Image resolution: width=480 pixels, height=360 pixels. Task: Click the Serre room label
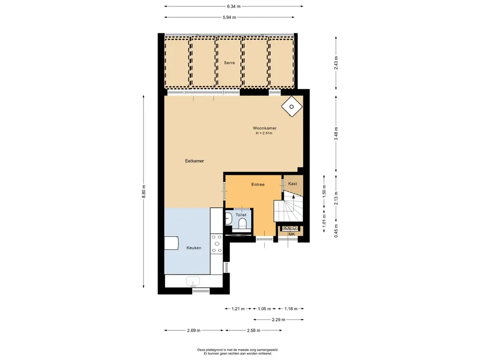(x=229, y=63)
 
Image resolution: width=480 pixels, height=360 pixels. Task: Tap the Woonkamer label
(x=264, y=128)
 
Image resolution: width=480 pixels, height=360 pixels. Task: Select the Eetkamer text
(x=195, y=161)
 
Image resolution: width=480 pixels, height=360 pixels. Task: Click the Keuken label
(x=194, y=248)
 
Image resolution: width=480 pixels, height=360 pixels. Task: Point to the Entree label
(x=258, y=185)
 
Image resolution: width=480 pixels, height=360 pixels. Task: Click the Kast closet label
(x=292, y=184)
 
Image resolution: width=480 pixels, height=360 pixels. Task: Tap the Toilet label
(x=241, y=215)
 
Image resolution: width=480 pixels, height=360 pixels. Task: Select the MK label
(x=292, y=234)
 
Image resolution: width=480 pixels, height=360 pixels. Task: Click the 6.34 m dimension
(x=234, y=6)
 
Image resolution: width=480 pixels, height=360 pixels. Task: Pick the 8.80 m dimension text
(x=143, y=192)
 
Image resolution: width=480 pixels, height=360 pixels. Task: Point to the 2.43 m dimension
(x=336, y=63)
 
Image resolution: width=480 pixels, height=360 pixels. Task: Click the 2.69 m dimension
(x=194, y=330)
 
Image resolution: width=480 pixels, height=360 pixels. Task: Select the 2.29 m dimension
(x=278, y=320)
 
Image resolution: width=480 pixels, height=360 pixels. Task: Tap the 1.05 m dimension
(x=264, y=308)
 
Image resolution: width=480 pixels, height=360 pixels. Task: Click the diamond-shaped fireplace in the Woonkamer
(x=292, y=106)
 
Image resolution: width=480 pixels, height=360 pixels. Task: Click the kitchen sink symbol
(x=193, y=281)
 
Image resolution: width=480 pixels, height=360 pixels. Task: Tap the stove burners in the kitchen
(x=217, y=244)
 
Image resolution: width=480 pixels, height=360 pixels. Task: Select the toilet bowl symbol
(x=242, y=224)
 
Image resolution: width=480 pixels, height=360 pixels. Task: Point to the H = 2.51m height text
(x=264, y=133)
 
